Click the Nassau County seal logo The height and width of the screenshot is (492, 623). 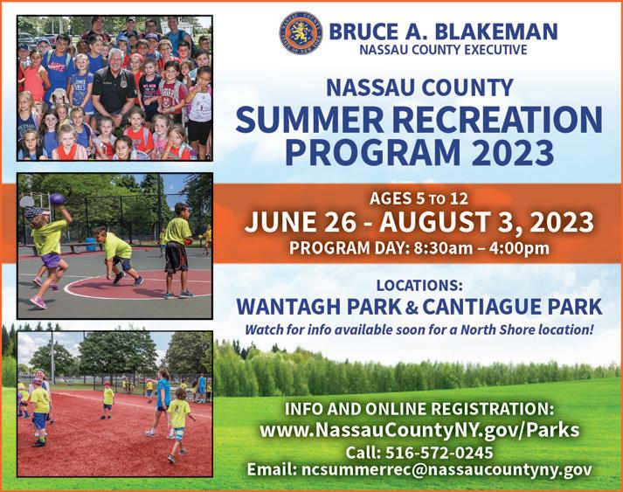click(x=301, y=33)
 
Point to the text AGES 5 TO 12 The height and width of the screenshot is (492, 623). click(x=419, y=198)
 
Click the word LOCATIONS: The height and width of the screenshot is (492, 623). click(x=419, y=286)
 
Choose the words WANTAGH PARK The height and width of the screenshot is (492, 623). click(x=319, y=307)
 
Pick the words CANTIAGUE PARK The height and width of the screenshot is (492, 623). click(x=512, y=307)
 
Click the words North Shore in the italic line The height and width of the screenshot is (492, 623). click(x=497, y=329)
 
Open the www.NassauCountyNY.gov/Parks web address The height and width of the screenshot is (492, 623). click(x=419, y=430)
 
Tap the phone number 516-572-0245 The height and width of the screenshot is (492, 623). click(x=439, y=453)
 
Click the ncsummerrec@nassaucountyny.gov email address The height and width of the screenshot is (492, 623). click(x=446, y=470)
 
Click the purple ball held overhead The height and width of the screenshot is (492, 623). click(x=57, y=198)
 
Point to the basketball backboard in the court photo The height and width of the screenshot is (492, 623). click(x=27, y=202)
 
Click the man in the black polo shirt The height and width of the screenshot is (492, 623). click(x=114, y=91)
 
